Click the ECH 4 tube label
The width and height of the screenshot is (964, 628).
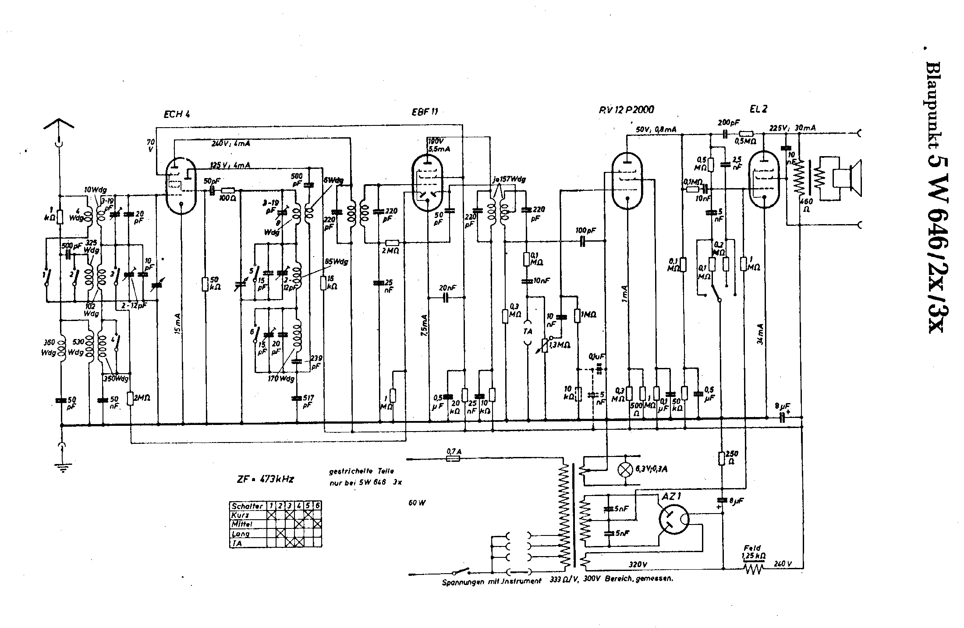tap(177, 115)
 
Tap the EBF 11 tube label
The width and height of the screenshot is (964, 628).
tap(424, 111)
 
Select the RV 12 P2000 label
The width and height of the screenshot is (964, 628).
tap(626, 110)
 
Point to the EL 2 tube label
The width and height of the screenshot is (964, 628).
tap(758, 109)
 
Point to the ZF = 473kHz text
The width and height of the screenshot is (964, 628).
tap(265, 479)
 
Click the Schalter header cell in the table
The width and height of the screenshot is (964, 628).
tap(248, 506)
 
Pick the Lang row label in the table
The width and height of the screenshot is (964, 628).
tap(241, 534)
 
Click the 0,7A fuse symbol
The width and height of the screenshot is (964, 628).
tap(452, 459)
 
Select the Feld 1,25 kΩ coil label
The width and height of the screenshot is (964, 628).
tap(754, 552)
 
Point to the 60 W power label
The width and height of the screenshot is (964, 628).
tap(417, 503)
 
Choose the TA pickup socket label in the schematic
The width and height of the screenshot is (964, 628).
tap(528, 331)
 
